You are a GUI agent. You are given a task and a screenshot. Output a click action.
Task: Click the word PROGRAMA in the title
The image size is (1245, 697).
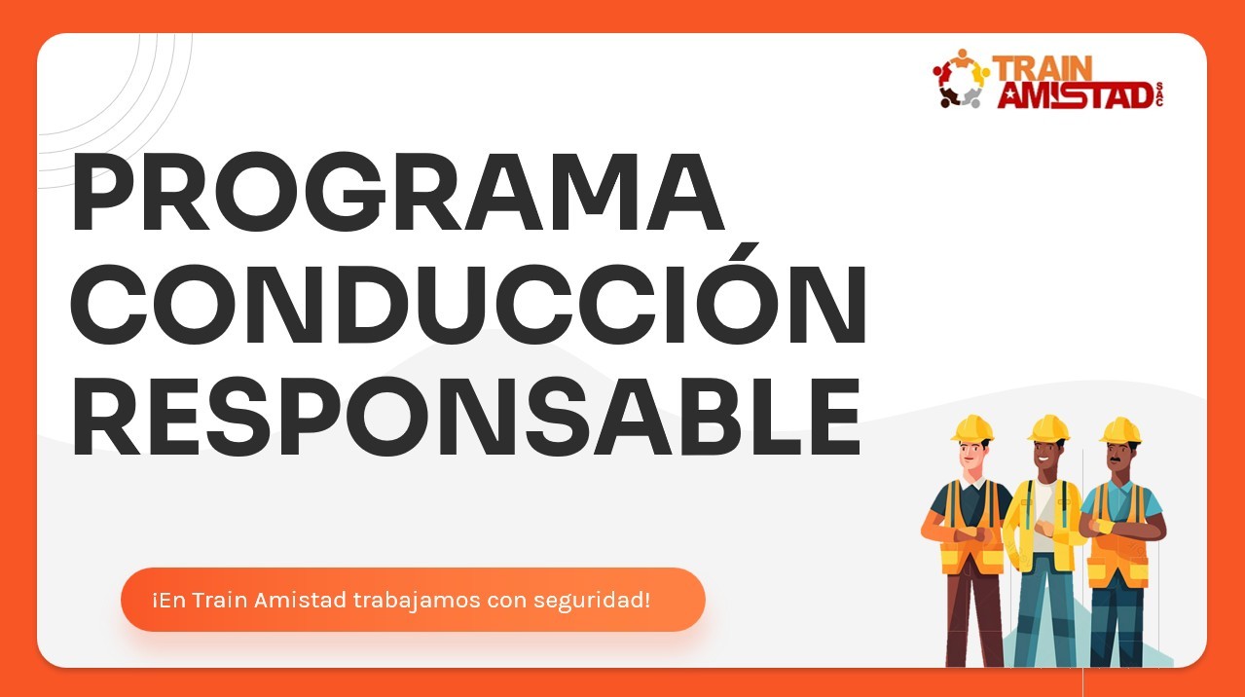(398, 192)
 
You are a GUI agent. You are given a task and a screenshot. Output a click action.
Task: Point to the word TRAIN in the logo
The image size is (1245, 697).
(1043, 69)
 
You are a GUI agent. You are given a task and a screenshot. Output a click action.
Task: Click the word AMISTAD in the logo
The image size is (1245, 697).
(1075, 95)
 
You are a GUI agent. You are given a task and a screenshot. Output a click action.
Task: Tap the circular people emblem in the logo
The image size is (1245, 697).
(961, 79)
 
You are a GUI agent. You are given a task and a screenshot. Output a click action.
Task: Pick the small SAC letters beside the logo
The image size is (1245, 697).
(1158, 93)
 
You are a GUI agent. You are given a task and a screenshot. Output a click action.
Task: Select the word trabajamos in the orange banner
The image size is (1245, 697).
(417, 601)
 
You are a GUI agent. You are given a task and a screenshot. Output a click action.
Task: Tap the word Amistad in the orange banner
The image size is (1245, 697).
(300, 600)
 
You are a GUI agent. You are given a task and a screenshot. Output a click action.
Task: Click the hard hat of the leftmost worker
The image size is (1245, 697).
(972, 428)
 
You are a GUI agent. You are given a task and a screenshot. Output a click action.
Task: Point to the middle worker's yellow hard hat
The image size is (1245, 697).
(1048, 428)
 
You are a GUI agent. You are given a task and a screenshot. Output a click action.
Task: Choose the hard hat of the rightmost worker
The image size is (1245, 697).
(1120, 430)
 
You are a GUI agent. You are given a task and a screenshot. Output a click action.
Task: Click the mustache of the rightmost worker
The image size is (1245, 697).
(1115, 459)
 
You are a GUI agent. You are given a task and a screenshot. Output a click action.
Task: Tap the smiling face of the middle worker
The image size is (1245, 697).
(1045, 455)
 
